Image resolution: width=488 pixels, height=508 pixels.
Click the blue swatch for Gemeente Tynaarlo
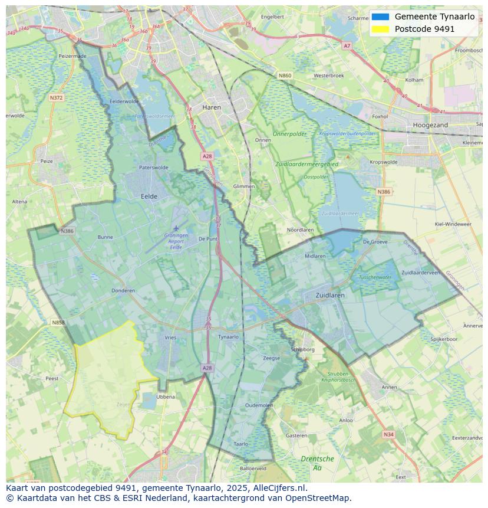[x=380, y=17]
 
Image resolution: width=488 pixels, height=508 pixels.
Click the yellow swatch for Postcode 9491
[x=380, y=29]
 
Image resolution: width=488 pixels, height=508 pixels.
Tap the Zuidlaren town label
[x=330, y=295]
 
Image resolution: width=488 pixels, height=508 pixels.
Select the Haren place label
[x=211, y=107]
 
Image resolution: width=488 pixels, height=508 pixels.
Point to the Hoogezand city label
[x=430, y=125]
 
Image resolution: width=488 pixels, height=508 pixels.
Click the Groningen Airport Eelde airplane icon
[x=176, y=228]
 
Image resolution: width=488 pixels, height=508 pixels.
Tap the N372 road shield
[x=57, y=97]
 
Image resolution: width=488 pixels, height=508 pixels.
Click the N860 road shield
[x=285, y=76]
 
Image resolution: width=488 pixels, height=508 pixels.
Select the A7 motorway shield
[x=347, y=45]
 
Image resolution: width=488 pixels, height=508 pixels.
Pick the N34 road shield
[x=388, y=434]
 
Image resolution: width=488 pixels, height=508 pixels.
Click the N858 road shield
[x=58, y=322]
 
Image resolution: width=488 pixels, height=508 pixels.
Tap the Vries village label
[x=170, y=337]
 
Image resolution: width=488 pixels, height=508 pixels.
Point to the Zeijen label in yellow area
[x=124, y=405]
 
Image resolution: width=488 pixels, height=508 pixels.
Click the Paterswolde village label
[x=154, y=168]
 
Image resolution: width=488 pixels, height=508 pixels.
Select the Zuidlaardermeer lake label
[x=340, y=213]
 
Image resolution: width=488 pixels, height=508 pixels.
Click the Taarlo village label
[x=240, y=444]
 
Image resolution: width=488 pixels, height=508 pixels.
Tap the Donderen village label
[x=123, y=290]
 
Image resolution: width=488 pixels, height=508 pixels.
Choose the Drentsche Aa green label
[x=317, y=463]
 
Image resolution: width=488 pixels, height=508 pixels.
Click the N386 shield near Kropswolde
[x=383, y=192]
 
